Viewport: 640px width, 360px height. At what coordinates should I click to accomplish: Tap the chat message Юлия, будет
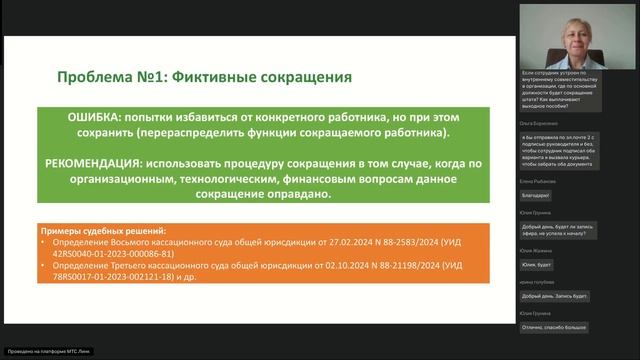[x=539, y=265]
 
